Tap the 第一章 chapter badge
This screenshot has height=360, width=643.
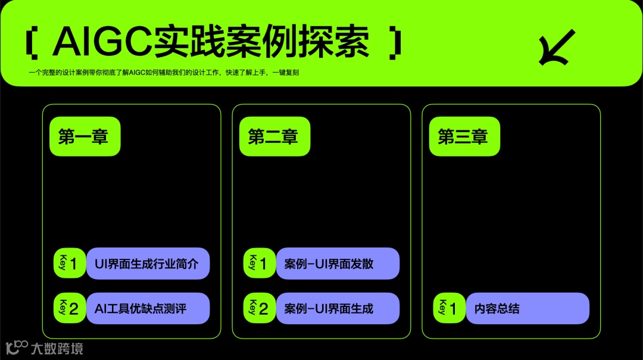83,137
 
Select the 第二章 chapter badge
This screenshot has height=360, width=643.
273,137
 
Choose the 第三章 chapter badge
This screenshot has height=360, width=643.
463,137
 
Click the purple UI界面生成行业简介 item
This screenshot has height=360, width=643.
148,264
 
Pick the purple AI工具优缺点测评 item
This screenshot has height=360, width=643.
148,309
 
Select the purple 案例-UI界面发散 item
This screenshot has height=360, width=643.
338,264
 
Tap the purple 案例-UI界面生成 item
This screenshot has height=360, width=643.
338,309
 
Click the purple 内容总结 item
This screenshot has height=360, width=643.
527,309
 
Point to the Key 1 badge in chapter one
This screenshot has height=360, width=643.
70,264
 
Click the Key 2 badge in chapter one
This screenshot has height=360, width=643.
70,309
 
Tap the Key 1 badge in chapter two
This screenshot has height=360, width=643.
260,264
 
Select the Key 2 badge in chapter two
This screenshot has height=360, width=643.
260,309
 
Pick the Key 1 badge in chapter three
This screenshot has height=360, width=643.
450,309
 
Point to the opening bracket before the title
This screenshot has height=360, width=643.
32,43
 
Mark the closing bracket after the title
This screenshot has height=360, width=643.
395,43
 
